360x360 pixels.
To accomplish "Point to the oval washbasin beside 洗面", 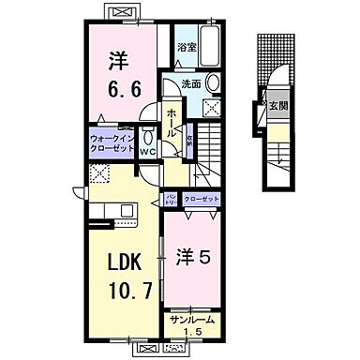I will (x=212, y=82).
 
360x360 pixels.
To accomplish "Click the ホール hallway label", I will (x=172, y=122).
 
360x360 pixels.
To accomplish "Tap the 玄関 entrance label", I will (x=277, y=106).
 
